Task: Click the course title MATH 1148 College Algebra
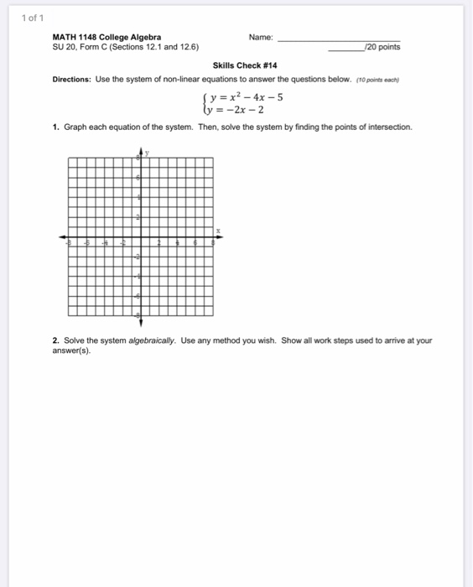(107, 37)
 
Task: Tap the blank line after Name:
(339, 39)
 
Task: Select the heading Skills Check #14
(245, 65)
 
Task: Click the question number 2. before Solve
(55, 341)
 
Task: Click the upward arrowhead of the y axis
(140, 150)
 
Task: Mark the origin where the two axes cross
(140, 236)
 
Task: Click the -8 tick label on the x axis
(70, 242)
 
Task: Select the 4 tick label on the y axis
(138, 197)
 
